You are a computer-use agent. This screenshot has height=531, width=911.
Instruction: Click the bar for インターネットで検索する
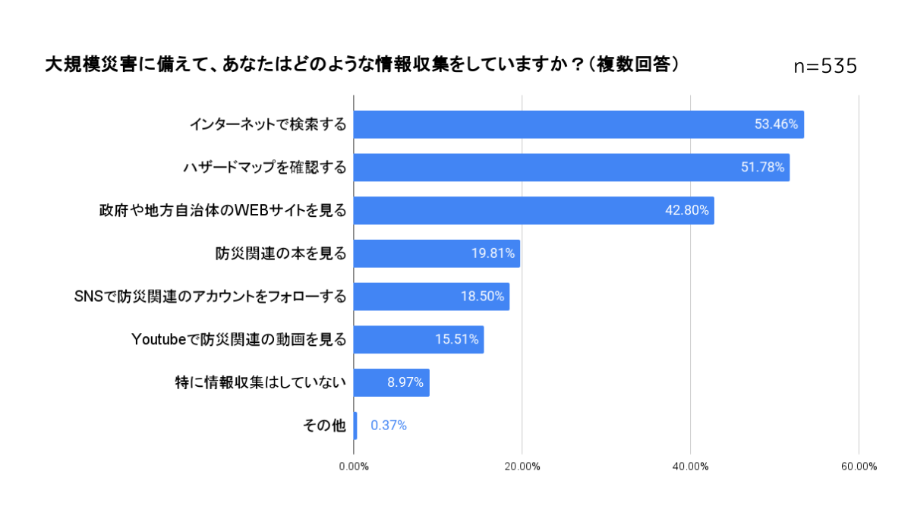[x=578, y=124]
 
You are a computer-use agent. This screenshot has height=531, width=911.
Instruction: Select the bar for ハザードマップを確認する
[x=572, y=168]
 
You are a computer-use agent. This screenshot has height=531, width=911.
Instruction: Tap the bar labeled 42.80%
[x=534, y=211]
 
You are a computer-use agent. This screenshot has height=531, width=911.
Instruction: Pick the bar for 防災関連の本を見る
[x=437, y=253]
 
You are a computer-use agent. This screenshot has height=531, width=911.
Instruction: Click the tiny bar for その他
[x=355, y=426]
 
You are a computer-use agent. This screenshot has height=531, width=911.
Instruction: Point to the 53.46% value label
[x=776, y=124]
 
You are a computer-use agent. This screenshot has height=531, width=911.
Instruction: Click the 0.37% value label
[x=389, y=426]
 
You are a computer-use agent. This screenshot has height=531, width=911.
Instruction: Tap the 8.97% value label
[x=405, y=382]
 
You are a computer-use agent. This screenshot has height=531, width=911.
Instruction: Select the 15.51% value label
[x=456, y=339]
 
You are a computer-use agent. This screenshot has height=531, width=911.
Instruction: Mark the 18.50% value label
[x=482, y=297]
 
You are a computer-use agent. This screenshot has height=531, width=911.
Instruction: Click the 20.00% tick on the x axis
[x=522, y=467]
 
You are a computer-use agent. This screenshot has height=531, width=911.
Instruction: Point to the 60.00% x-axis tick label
[x=859, y=467]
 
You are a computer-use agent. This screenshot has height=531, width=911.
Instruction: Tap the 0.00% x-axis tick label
[x=354, y=467]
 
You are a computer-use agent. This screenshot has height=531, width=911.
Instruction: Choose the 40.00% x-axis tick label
[x=690, y=467]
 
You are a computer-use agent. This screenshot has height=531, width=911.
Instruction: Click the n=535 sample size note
[x=825, y=67]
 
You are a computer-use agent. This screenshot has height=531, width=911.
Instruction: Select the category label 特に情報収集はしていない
[x=260, y=382]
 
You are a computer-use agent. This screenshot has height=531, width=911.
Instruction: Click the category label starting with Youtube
[x=239, y=339]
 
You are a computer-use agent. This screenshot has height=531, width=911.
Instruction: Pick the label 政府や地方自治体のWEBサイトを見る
[x=222, y=211]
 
